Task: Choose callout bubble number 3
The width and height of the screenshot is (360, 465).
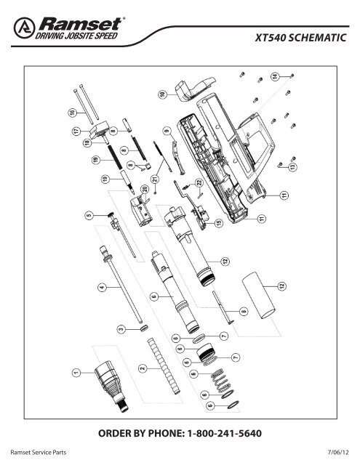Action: pyautogui.click(x=122, y=328)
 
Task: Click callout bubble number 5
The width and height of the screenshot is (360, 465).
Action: pyautogui.click(x=89, y=216)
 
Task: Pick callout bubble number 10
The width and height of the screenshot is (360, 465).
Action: pyautogui.click(x=163, y=94)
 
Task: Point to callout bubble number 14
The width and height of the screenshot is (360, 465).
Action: pyautogui.click(x=275, y=76)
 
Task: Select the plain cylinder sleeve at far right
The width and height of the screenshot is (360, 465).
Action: pyautogui.click(x=258, y=293)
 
